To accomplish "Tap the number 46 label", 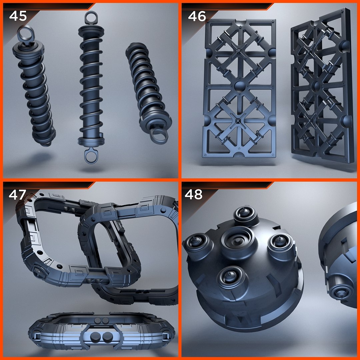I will [197, 16].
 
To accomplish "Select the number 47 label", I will [18, 195].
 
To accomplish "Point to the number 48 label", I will [194, 194].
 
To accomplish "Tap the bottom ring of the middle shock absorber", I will [89, 156].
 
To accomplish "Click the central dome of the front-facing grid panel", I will [240, 87].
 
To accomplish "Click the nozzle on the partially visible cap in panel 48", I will [341, 293].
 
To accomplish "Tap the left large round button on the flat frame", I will [94, 337].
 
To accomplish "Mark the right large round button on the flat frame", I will [107, 337].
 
